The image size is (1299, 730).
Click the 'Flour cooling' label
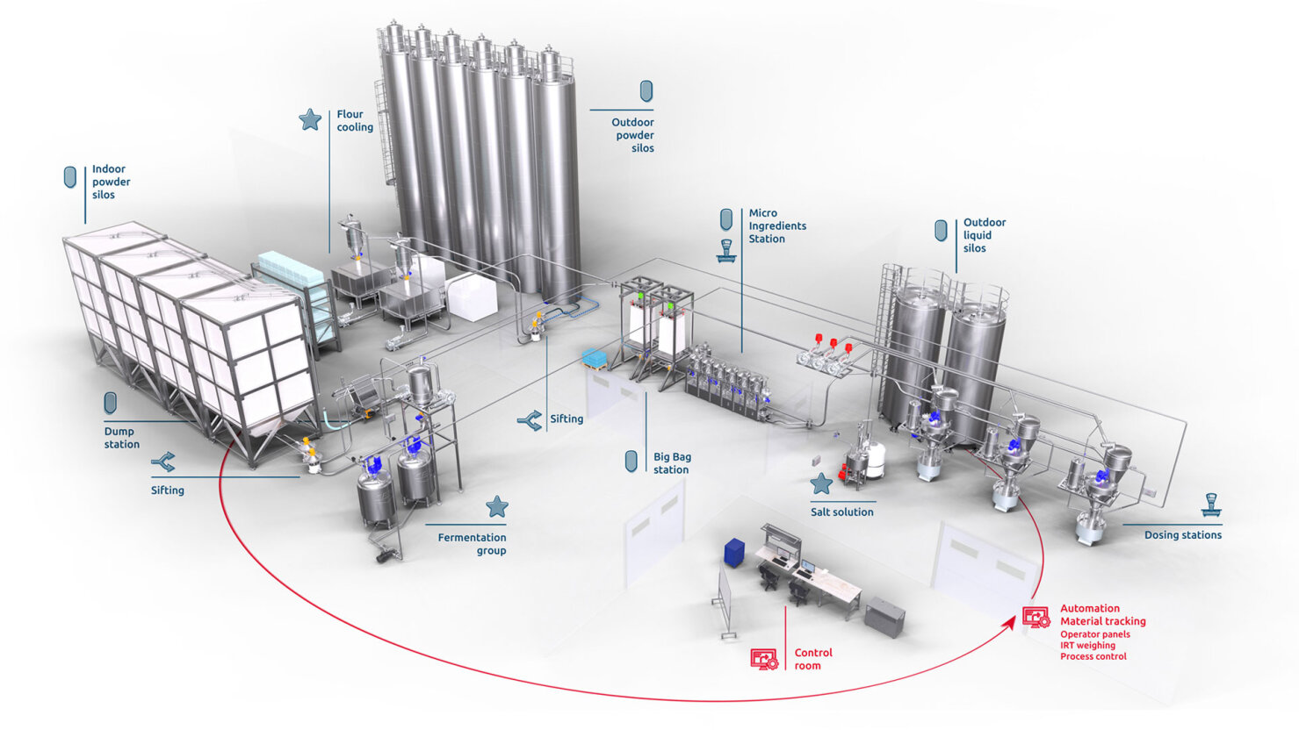coord(355,121)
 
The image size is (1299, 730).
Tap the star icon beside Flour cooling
coord(310,119)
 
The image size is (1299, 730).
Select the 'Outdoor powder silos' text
coord(634,135)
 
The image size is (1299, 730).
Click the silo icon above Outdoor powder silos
coord(646,90)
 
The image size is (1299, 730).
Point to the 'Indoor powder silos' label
coord(111,182)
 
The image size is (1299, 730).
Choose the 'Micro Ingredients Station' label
coord(776,225)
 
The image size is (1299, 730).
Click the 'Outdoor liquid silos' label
coord(984,235)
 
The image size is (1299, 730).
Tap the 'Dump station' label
coord(121,438)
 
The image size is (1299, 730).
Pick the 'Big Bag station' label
coord(672,463)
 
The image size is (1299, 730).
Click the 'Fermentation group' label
coord(473,544)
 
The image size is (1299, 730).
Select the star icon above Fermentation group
coord(497,506)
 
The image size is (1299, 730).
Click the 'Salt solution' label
coord(841,512)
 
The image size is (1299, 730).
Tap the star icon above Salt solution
coord(821,483)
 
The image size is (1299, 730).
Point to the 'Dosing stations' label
coord(1182,535)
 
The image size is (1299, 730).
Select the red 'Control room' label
coord(812,659)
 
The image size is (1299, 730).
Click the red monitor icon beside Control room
coord(764,659)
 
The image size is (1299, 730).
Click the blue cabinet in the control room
coord(734,552)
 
